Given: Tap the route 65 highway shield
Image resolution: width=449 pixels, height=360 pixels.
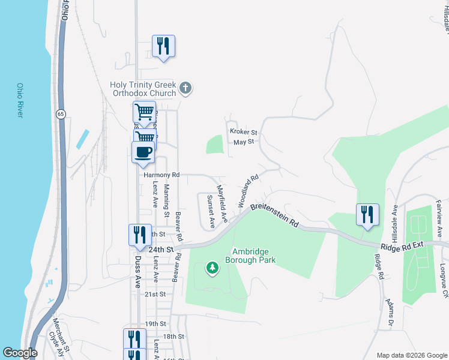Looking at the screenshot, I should pos(61,114).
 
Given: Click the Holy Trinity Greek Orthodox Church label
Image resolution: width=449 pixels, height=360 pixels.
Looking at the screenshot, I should pos(143,89).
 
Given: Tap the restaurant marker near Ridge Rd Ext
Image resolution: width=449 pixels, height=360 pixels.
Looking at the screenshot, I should pos(367,215).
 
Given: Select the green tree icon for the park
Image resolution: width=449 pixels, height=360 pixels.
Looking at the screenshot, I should pos(211,267).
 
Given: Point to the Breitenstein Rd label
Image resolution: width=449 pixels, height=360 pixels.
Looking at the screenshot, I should pos(274,214).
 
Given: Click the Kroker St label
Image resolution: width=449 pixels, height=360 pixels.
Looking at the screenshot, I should pos(243,132).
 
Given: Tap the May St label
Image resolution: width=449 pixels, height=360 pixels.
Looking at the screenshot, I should pos(244,142).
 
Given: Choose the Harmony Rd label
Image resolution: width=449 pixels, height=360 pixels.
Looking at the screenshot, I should pos(161,175).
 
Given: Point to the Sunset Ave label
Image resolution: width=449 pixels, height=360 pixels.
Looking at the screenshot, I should pos(211,211).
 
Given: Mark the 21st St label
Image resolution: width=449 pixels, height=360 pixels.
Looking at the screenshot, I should pos(155,295).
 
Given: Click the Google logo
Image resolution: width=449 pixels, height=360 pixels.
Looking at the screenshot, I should pos(20,353).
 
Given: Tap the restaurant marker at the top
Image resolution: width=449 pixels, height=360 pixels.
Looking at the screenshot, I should pos(163,46).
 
